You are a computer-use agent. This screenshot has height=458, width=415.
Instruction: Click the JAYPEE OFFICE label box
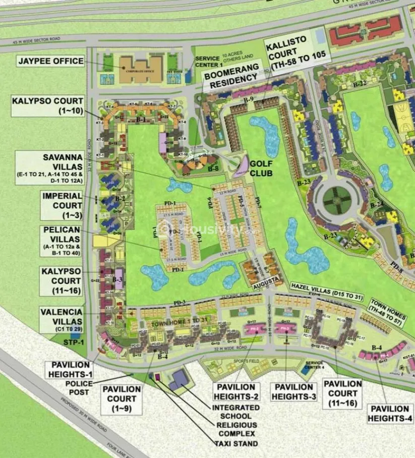click(50, 61)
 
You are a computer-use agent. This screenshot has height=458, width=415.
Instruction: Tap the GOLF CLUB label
click(261, 169)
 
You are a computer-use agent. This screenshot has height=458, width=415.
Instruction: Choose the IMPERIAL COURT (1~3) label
click(62, 205)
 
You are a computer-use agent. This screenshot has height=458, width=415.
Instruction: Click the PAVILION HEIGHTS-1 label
click(70, 369)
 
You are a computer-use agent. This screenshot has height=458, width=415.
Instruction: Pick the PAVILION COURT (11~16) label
click(343, 392)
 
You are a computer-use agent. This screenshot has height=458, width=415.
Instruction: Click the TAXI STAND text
click(235, 443)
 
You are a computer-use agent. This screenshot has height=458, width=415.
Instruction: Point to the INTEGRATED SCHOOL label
click(235, 412)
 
